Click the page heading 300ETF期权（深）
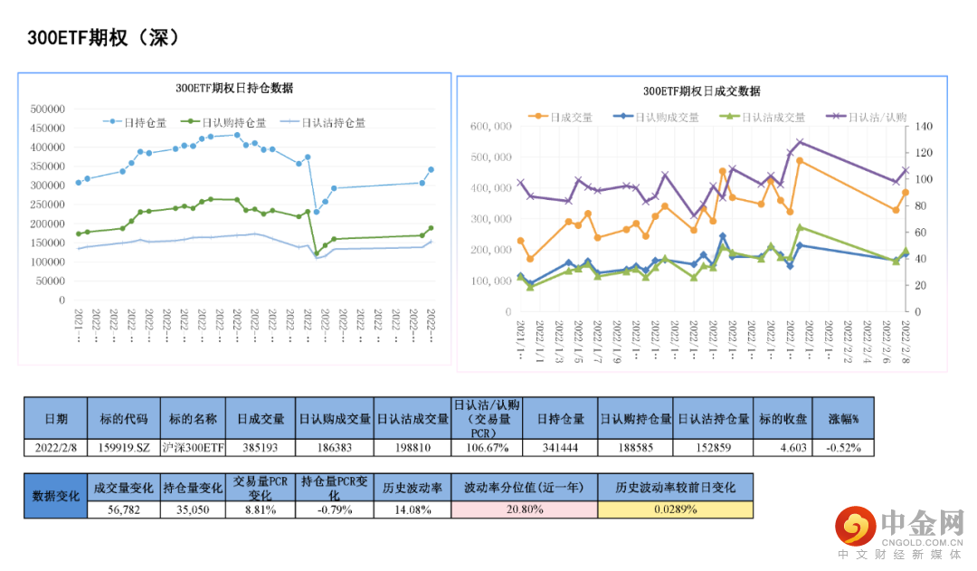point(104,38)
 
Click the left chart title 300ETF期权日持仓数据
point(234,89)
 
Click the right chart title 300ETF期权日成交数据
point(702,91)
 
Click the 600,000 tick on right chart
point(491,127)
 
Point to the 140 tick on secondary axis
point(925,127)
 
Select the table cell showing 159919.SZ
point(125,447)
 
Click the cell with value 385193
point(261,447)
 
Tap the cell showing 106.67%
point(487,447)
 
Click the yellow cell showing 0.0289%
point(675,509)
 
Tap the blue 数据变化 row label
point(55,496)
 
